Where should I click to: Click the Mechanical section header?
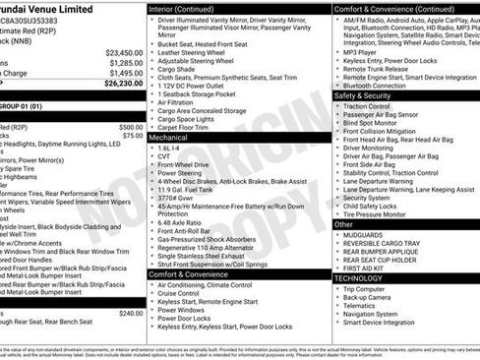click(x=169, y=139)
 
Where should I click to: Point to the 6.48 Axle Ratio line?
click(x=183, y=222)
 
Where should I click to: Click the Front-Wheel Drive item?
click(x=185, y=164)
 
